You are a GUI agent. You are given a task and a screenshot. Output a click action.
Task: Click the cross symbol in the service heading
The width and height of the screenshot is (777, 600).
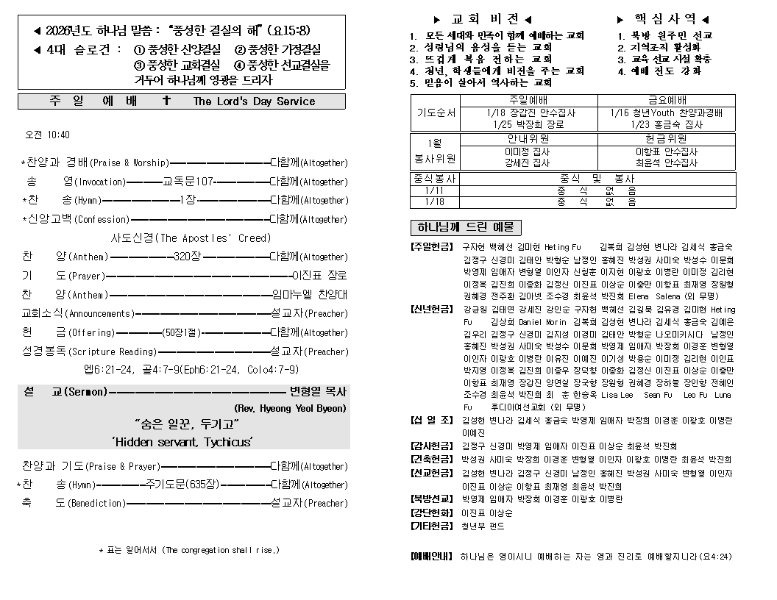tap(166, 101)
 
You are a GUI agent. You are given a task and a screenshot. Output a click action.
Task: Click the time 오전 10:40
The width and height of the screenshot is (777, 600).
tap(48, 135)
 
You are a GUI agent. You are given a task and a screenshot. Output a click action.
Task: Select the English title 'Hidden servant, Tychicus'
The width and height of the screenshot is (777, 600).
tap(183, 441)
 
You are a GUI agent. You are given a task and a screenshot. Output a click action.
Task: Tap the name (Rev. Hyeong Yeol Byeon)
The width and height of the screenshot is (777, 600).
tap(290, 407)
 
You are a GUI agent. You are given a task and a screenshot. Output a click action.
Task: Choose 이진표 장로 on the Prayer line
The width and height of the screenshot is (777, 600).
tap(319, 276)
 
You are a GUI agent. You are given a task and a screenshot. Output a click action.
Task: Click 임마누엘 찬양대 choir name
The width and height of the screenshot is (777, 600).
tap(309, 295)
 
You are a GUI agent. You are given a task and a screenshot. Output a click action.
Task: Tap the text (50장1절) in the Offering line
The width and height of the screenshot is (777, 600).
tap(181, 332)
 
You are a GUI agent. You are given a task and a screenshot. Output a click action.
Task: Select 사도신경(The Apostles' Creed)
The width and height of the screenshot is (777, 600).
tap(191, 238)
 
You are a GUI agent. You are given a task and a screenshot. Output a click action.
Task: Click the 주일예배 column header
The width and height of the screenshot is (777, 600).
tap(529, 100)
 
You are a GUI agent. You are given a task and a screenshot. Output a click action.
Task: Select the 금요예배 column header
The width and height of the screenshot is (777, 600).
tap(667, 100)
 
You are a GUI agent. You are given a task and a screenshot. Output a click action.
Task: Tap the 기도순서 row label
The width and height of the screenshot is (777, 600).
tap(436, 113)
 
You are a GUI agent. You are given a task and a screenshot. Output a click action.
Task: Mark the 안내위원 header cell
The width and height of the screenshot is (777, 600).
tap(528, 138)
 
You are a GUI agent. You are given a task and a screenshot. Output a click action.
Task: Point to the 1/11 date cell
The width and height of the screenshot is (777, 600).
tap(434, 190)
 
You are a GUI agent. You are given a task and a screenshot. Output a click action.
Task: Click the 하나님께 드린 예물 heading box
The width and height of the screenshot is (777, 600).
tap(465, 227)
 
